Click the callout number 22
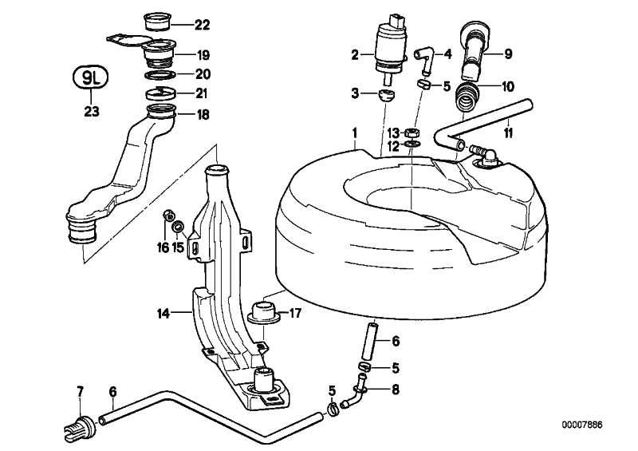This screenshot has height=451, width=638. (x=202, y=25)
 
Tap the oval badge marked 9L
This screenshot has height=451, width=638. (x=92, y=78)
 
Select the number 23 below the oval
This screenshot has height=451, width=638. (x=92, y=112)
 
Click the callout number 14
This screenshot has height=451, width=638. (x=162, y=313)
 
